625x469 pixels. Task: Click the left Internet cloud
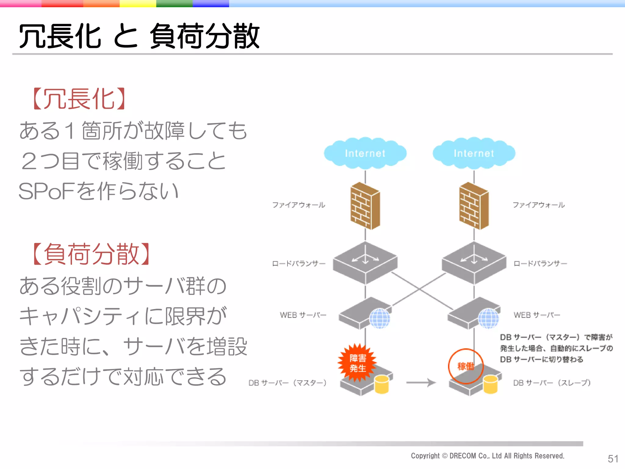365,153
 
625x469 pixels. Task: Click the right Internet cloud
474,153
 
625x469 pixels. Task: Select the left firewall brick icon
365,206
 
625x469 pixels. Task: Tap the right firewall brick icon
474,206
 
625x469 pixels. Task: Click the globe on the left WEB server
380,318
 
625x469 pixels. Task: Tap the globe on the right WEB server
488,318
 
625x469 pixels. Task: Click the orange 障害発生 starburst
357,363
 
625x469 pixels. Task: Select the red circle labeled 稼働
465,366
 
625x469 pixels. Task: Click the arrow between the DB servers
421,382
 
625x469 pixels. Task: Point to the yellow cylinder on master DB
381,385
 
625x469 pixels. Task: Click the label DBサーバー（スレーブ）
552,383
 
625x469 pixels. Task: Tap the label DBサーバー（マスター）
287,383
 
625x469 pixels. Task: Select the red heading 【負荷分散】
91,254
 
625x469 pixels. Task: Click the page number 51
613,459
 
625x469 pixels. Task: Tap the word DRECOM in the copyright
463,456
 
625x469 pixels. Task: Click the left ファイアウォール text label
298,205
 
